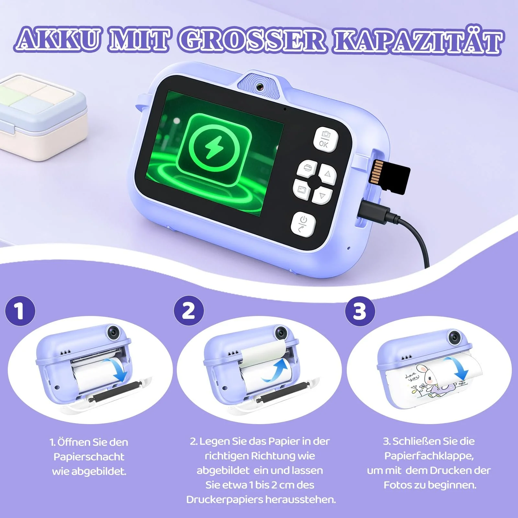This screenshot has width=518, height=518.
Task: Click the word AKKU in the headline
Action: click(x=58, y=40)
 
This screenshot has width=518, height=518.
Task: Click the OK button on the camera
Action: click(x=325, y=139)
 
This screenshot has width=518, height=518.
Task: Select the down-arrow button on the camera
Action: click(x=322, y=195)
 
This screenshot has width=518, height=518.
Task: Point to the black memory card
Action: click(x=390, y=176)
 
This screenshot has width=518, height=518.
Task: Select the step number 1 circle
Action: click(x=20, y=311)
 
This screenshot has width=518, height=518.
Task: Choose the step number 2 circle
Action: click(x=189, y=311)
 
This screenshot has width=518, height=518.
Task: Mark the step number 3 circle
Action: click(x=360, y=311)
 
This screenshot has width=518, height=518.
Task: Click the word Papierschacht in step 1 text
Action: click(x=89, y=456)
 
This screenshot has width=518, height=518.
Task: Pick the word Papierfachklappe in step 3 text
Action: click(x=429, y=456)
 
